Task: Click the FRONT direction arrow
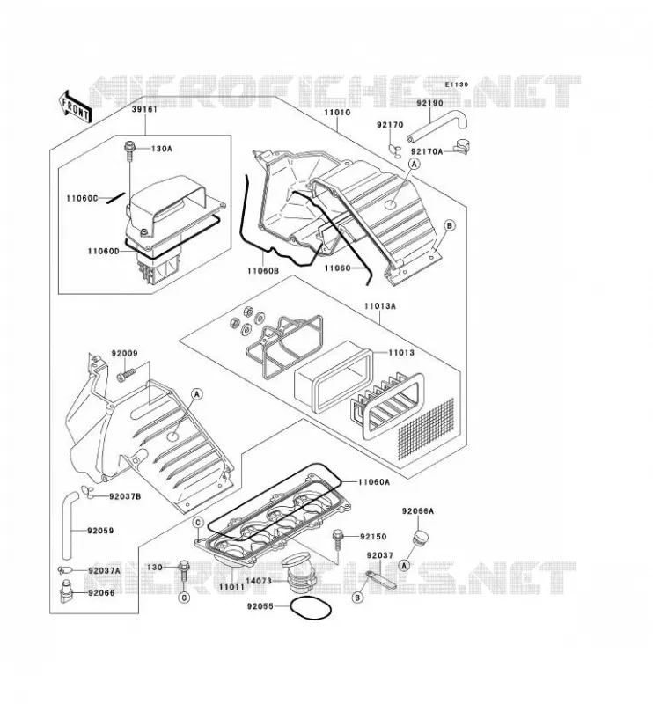tap(75, 106)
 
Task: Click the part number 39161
tap(144, 109)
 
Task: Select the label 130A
tap(161, 148)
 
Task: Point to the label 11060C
tap(82, 198)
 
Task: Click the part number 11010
tap(337, 113)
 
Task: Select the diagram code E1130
tap(457, 84)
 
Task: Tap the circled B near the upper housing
tap(450, 226)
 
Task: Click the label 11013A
tap(380, 306)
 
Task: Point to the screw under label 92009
tap(126, 376)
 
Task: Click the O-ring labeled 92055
tap(312, 608)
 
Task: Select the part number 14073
tap(259, 581)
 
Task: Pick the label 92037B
tap(125, 496)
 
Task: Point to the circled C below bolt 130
tap(184, 598)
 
